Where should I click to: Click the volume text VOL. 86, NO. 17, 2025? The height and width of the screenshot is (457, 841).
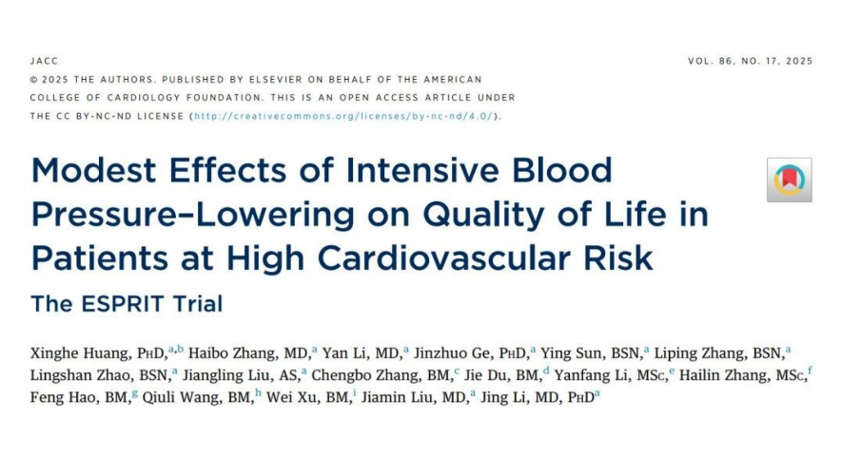click(x=750, y=62)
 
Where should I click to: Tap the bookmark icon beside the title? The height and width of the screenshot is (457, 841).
click(x=789, y=180)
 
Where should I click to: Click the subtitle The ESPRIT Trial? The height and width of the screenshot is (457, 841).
click(x=127, y=304)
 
